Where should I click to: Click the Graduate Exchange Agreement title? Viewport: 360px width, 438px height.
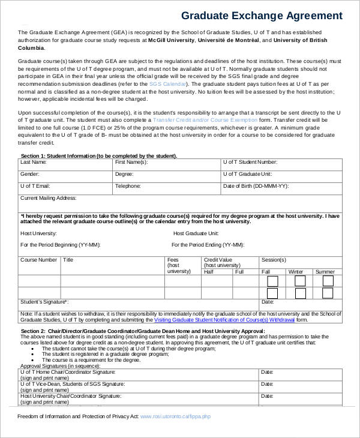262,16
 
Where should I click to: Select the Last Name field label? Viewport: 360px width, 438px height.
34,162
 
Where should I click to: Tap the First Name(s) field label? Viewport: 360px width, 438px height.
131,162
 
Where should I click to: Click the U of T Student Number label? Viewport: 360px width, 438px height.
250,162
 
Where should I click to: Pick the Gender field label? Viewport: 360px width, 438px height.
30,174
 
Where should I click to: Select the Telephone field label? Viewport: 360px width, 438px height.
127,186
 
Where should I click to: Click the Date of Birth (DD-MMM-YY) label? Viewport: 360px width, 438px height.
256,186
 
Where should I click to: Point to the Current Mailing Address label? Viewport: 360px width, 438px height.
49,197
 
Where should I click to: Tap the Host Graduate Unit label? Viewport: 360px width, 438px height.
196,233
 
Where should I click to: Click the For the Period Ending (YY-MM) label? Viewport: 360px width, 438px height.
208,245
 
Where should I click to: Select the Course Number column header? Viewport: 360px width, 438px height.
39,260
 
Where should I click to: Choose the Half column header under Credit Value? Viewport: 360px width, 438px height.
209,272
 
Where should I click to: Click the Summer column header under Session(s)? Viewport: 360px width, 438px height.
325,272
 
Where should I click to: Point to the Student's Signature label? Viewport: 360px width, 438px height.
44,302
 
